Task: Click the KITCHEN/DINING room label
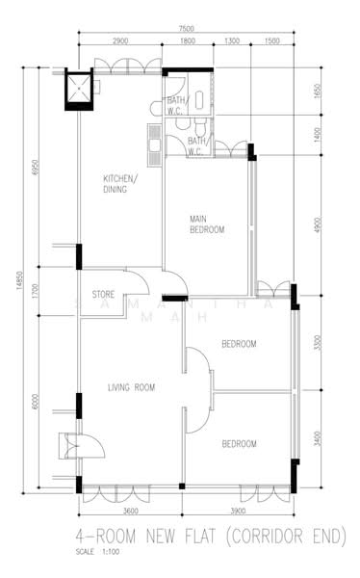coord(120,184)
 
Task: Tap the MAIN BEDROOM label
coord(207,224)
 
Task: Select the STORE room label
coord(104,294)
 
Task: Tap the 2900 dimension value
coord(120,42)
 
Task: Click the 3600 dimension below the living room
coord(131,510)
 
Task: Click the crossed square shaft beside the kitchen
coord(78,91)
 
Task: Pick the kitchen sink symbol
coord(154,142)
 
